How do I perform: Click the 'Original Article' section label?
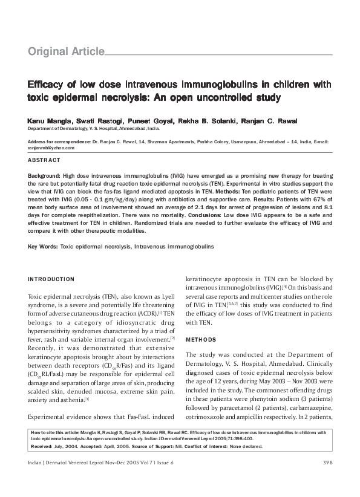[66, 52]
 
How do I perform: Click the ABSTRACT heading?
[44, 160]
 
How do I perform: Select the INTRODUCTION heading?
[51, 279]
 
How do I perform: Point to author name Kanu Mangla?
[46, 121]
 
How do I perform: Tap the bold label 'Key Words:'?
[43, 247]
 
